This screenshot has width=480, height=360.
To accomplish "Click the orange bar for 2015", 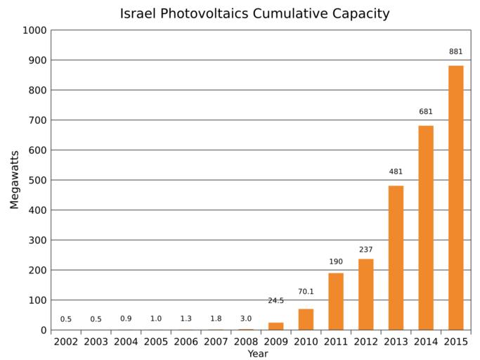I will pos(456,198).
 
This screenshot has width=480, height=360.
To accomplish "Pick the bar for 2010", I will pos(306,319).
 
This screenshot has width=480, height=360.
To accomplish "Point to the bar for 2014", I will pos(426,228).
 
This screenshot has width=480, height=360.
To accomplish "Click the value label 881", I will pos(456,51).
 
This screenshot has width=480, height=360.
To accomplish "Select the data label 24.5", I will pos(275,301).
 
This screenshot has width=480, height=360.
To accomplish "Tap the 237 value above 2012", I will pos(365,250).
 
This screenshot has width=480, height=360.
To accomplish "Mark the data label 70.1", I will pos(306,290).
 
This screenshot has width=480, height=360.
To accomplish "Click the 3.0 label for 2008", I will pos(245,319).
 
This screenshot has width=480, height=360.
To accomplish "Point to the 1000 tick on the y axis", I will pos(34,30).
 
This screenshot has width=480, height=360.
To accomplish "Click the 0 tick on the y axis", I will pos(43,330).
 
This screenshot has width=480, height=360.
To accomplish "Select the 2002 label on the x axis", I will pos(65,342).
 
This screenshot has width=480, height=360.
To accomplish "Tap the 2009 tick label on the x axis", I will pos(275,342).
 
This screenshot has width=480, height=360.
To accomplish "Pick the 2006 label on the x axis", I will pos(186,342).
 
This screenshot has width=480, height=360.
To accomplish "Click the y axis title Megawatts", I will pos(15,180).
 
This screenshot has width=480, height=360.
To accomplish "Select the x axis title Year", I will pos(257,354).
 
